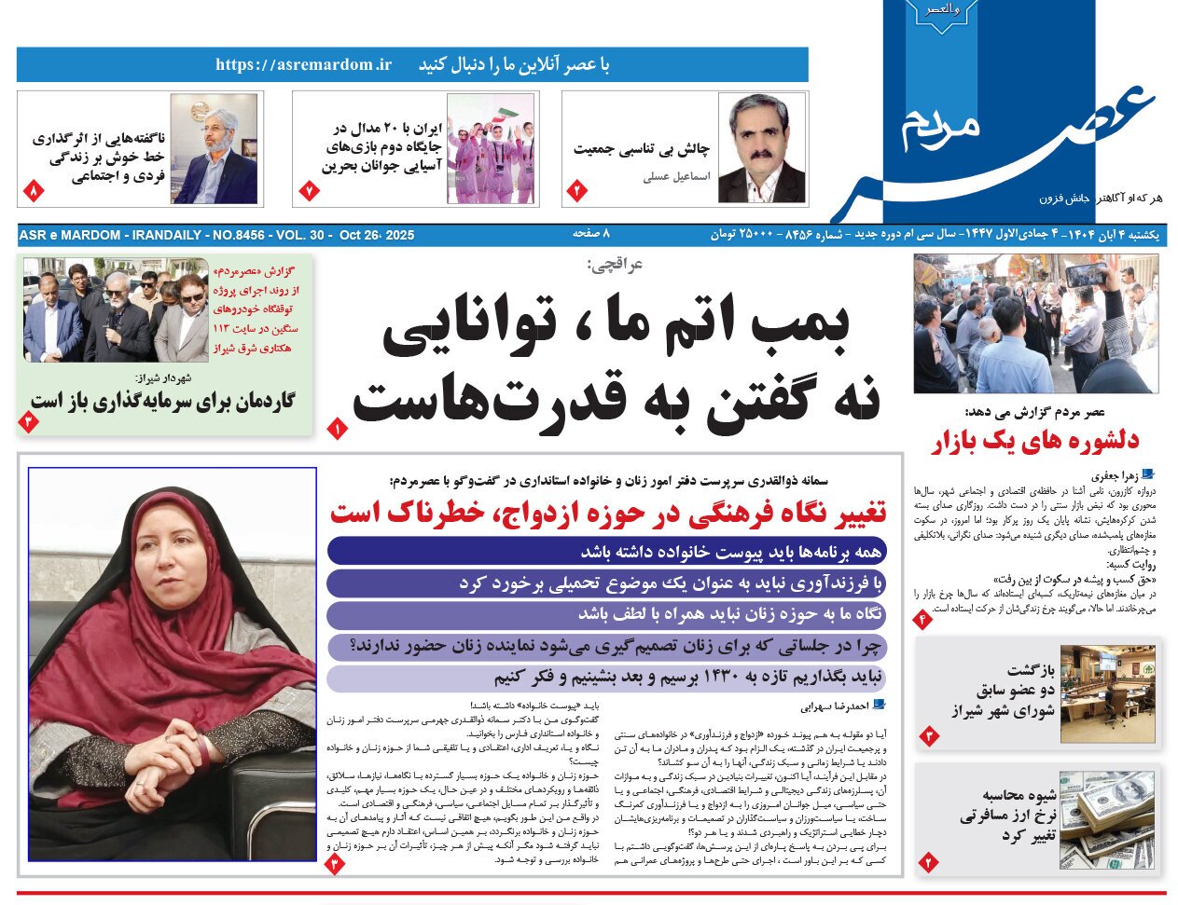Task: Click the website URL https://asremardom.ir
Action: (303, 65)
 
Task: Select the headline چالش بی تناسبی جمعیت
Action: (641, 149)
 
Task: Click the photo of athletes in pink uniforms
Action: (491, 149)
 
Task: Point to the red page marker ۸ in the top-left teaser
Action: (33, 191)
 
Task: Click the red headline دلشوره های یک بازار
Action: (1035, 442)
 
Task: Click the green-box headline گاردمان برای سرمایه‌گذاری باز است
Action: (162, 401)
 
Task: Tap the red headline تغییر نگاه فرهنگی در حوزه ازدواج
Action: (608, 512)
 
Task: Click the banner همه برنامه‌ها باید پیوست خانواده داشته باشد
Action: (606, 551)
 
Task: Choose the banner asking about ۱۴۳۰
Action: (606, 678)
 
